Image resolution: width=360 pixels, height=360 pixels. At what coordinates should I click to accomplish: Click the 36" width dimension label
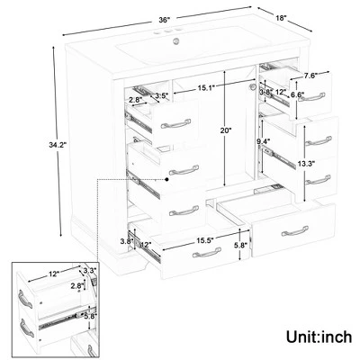click(165, 20)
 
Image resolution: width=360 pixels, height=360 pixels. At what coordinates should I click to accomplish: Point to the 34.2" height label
click(58, 145)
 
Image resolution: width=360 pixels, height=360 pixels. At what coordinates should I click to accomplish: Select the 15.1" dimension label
click(206, 88)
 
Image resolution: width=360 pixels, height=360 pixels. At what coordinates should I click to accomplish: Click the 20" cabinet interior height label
click(225, 130)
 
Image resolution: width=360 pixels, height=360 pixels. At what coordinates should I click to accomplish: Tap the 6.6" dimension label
click(298, 94)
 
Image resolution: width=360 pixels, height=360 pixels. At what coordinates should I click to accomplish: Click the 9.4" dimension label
click(264, 140)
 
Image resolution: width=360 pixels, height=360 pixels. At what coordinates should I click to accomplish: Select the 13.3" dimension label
click(306, 164)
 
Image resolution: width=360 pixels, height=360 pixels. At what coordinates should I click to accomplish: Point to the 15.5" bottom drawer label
click(205, 240)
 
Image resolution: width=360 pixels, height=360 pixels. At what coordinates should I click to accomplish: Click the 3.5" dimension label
click(162, 96)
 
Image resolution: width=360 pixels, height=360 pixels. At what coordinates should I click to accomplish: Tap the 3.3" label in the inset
click(90, 270)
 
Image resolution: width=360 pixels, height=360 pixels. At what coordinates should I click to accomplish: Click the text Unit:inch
click(319, 337)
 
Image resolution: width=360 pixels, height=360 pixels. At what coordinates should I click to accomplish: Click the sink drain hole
click(176, 41)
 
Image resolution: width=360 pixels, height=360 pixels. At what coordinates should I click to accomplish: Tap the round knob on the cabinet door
click(253, 87)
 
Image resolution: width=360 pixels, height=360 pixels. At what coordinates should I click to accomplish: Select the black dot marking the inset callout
click(166, 179)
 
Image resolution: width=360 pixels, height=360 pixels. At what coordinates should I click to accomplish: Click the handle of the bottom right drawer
click(295, 231)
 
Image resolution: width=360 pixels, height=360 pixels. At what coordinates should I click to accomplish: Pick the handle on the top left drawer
click(175, 123)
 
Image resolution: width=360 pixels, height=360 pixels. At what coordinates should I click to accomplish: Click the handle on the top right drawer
click(311, 97)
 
